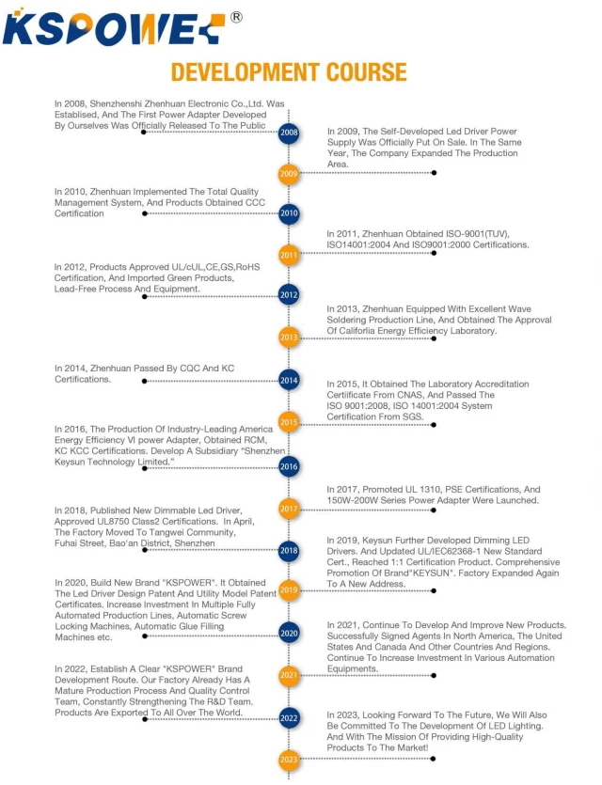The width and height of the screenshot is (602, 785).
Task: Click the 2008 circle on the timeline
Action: click(290, 133)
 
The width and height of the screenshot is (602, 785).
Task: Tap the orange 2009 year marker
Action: click(290, 173)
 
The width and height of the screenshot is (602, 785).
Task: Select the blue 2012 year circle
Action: click(290, 295)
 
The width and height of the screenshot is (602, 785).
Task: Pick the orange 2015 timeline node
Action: click(290, 422)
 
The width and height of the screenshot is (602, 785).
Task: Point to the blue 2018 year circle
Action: click(290, 550)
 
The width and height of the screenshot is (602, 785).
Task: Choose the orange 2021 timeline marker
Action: click(290, 675)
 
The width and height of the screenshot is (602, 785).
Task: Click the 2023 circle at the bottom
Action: click(290, 759)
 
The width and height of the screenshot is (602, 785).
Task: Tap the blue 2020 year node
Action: click(290, 634)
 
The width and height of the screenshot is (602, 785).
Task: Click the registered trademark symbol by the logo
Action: click(236, 17)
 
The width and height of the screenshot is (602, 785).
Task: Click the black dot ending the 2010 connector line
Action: click(145, 213)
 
